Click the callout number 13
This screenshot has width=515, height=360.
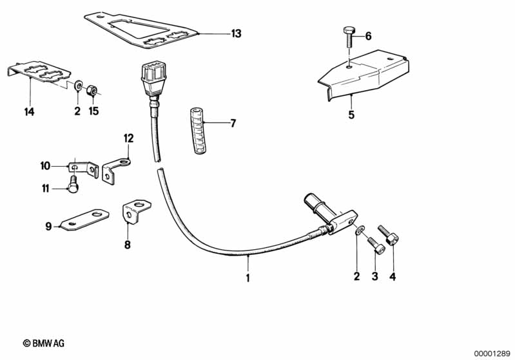tap(236, 33)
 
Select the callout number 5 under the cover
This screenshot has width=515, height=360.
tap(351, 115)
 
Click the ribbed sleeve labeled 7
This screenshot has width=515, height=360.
tap(198, 130)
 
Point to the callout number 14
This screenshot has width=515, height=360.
tap(29, 111)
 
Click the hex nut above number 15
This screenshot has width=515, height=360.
tap(91, 90)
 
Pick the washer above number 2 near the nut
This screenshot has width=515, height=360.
tap(79, 85)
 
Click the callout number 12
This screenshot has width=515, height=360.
tap(129, 138)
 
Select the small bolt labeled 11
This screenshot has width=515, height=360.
tap(73, 184)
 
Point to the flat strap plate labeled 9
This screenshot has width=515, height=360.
tap(84, 220)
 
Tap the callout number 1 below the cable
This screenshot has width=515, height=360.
tap(248, 278)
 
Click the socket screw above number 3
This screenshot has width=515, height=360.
tap(376, 245)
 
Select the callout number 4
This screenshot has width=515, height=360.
tap(393, 277)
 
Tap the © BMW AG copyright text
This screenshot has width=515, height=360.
tap(44, 343)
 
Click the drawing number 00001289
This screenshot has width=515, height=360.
tap(492, 354)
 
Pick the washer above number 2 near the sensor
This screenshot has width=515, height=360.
tap(359, 231)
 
